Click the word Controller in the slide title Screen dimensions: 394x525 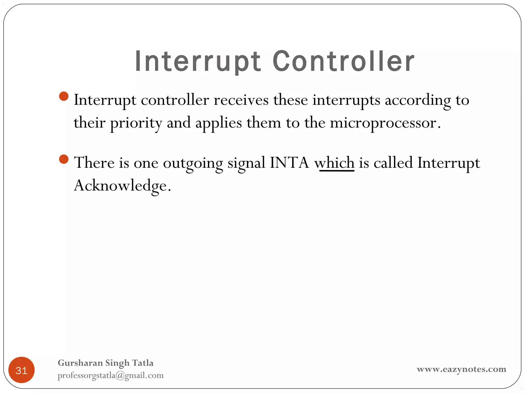[343, 62]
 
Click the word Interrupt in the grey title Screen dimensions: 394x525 [198, 62]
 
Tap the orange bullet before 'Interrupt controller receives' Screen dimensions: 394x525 [64, 96]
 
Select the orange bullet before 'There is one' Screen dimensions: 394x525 [64, 159]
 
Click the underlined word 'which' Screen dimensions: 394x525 [335, 163]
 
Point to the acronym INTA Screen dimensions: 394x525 [289, 163]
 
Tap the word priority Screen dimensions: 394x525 [136, 123]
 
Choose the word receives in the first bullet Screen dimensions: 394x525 [241, 100]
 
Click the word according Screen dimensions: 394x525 [418, 100]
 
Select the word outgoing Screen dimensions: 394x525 [193, 163]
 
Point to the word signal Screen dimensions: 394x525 [246, 163]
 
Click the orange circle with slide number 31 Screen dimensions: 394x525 [22, 370]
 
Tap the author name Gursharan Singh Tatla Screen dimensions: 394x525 [106, 363]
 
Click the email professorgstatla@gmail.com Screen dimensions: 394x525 [110, 375]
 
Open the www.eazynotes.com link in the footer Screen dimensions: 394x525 [461, 369]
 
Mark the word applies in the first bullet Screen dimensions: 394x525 [219, 123]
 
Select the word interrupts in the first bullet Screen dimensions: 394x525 [346, 100]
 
